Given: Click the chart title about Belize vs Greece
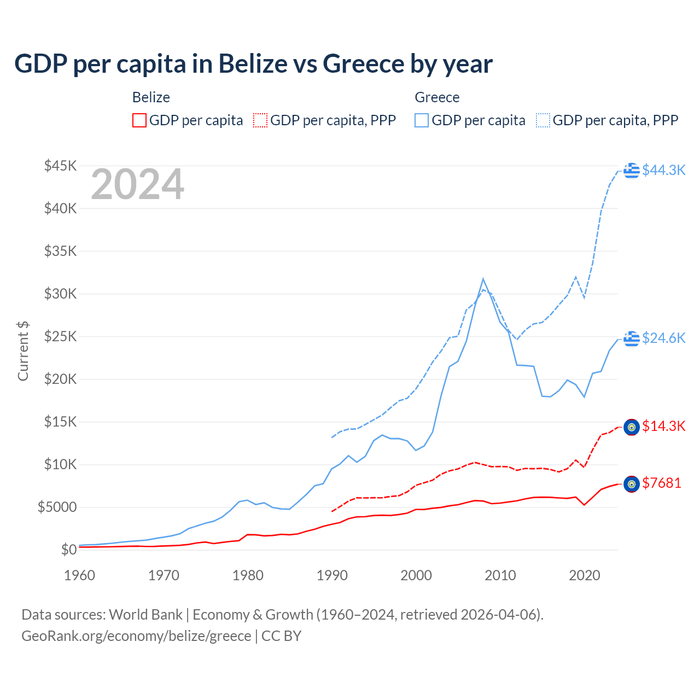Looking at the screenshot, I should point(253,64).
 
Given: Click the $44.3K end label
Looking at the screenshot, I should point(663,170).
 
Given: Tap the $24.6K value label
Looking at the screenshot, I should point(663,338).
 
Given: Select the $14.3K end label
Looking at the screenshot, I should point(663,426).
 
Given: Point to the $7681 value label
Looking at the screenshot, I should point(661,483).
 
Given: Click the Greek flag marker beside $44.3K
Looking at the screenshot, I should point(632,170).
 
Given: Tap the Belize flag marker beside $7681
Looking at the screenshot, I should point(632,484).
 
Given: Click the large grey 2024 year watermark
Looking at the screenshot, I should point(137,184).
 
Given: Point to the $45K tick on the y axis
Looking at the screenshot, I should point(60,166).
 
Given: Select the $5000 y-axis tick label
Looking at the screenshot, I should point(57,507).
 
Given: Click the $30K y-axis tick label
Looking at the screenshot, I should point(60,294).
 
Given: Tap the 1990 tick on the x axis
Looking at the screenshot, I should point(332,575).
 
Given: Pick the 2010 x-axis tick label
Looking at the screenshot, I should point(500,575).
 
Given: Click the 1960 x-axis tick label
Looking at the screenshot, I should point(80,575).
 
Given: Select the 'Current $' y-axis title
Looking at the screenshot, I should point(23,351).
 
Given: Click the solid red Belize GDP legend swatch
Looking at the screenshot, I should point(139,120).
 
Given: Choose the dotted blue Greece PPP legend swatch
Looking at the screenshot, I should point(543,120).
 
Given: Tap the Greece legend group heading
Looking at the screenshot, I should point(437,97).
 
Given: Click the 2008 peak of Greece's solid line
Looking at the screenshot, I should point(483,279).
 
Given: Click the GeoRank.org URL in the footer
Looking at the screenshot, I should point(136,636).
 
